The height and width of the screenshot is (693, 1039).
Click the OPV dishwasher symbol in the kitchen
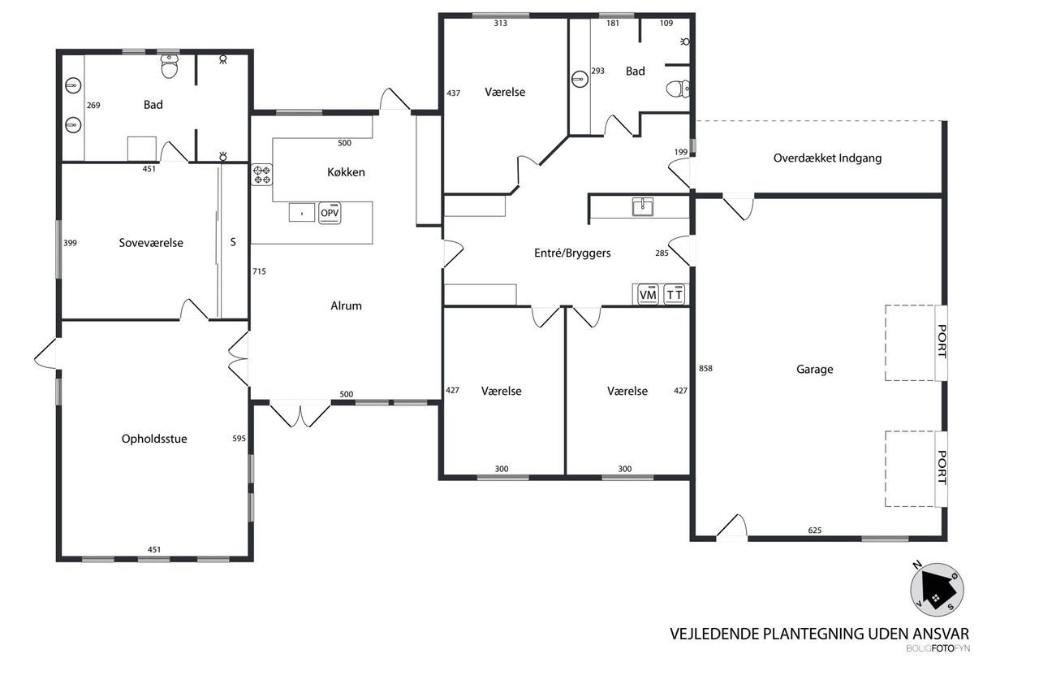330,213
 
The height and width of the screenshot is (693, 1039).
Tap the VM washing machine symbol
648,294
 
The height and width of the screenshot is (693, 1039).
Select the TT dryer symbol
675,294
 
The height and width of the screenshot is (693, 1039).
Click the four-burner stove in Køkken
261,175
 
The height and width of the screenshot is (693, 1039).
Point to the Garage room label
814,370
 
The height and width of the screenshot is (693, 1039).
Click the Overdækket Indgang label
827,158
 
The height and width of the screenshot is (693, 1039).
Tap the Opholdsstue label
154,439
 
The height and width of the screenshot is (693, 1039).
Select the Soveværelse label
151,243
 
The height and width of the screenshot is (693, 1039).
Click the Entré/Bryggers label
572,253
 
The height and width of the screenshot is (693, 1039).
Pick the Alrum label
346,306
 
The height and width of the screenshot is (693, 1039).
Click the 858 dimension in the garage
705,369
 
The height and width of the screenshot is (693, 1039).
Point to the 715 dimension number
259,271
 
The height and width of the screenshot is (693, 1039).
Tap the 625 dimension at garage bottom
814,531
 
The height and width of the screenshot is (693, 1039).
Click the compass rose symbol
937,590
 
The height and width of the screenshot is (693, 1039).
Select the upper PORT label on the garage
942,342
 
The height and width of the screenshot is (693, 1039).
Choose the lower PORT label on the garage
942,468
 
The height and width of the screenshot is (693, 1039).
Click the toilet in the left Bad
170,66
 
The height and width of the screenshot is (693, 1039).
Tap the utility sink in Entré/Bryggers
643,206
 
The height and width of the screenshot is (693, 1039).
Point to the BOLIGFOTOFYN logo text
938,648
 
